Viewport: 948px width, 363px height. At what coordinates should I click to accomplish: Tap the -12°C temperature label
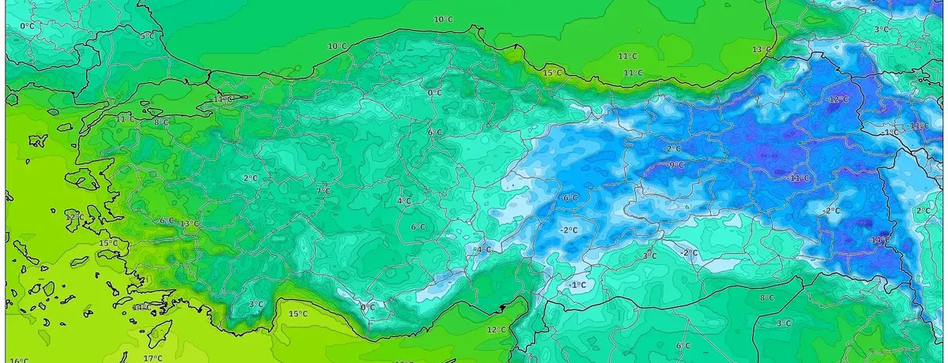click(837, 100)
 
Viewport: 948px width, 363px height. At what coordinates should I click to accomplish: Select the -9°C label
click(676, 165)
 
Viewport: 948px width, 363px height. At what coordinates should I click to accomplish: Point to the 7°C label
click(323, 191)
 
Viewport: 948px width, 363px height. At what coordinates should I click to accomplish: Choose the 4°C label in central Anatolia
click(404, 201)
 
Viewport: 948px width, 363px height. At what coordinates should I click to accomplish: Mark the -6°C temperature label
click(569, 198)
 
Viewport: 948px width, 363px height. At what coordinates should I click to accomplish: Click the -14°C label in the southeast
click(880, 240)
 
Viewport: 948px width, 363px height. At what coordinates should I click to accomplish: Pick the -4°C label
click(482, 250)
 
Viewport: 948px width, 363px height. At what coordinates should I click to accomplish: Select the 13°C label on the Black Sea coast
click(761, 50)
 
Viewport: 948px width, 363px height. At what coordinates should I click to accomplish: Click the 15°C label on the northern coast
click(552, 73)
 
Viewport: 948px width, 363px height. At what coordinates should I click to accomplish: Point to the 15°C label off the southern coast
click(297, 314)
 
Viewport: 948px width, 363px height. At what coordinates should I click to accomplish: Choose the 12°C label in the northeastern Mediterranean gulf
click(496, 330)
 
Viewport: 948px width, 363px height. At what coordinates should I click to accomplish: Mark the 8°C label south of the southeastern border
click(766, 298)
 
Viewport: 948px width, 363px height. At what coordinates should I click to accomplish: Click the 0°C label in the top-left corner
click(28, 26)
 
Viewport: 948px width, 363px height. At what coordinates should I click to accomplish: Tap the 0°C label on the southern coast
click(367, 307)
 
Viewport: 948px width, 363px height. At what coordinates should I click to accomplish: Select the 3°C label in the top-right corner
click(882, 30)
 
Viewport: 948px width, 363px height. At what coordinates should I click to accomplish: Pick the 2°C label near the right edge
click(923, 211)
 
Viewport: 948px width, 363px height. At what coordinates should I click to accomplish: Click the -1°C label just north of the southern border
click(577, 285)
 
